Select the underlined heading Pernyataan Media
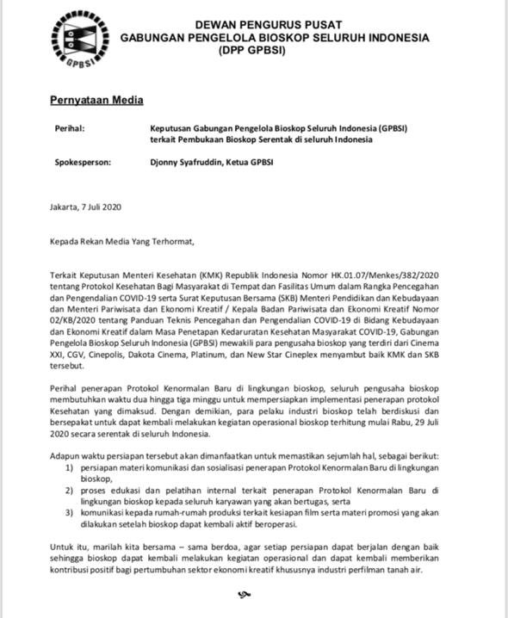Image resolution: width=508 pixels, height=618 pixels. pyautogui.click(x=96, y=101)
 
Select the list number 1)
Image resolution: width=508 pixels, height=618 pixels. pyautogui.click(x=70, y=467)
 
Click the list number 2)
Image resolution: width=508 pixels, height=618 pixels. pyautogui.click(x=70, y=490)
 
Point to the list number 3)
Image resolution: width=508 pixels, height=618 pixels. pyautogui.click(x=70, y=513)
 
